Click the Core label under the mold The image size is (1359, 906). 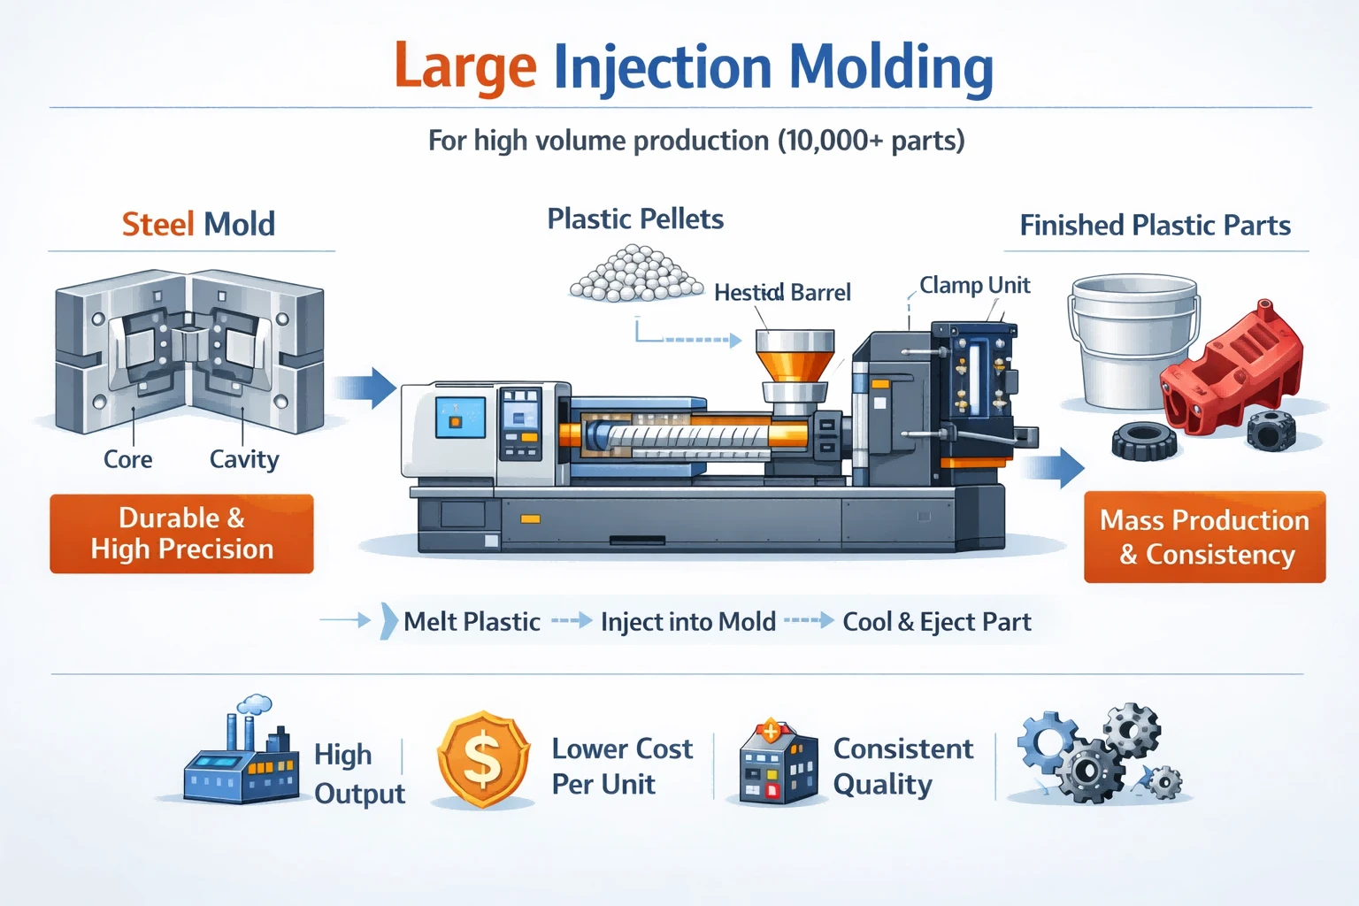coord(128,459)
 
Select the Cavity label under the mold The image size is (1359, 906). coord(244,459)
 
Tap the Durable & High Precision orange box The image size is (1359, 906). coord(182,534)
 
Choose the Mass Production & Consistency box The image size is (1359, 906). coord(1205,537)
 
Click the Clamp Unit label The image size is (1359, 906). coord(974,285)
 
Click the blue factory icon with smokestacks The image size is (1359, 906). coord(242,752)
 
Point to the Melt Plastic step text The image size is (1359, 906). coord(472,622)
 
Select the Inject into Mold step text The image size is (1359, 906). coord(688,622)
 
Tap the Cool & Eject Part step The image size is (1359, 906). coord(937,622)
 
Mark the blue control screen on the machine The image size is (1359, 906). coord(460,417)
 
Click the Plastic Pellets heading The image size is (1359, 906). coord(635,219)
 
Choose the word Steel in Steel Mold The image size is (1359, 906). coord(157,224)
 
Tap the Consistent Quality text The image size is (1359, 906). coord(902,766)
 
